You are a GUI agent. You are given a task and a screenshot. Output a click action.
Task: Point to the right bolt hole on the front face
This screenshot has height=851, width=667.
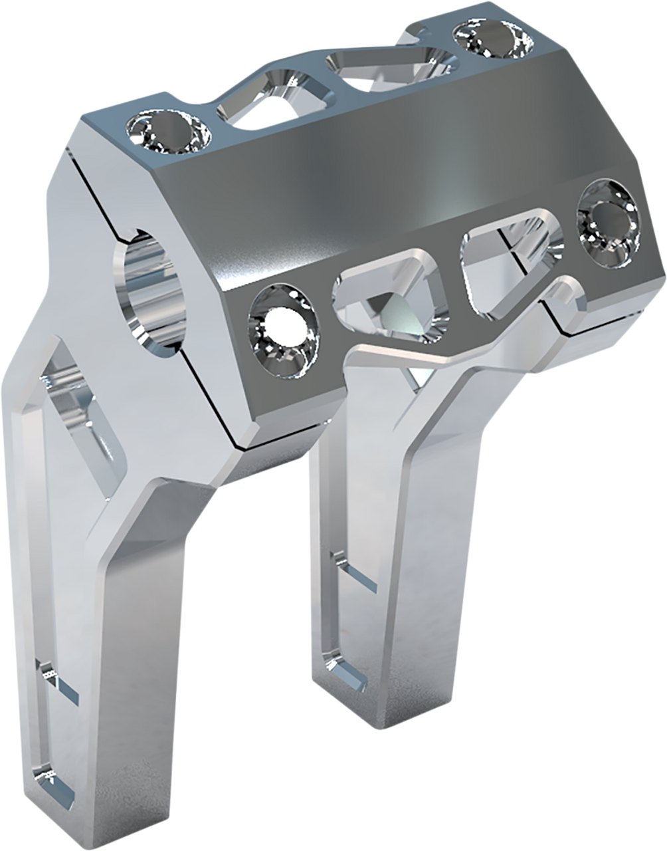click(606, 223)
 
